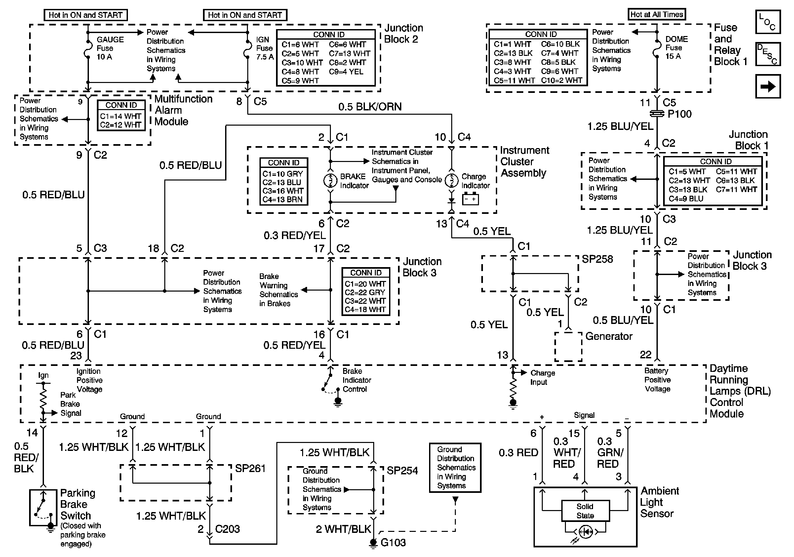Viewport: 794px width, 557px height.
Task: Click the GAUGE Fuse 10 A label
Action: pyautogui.click(x=110, y=48)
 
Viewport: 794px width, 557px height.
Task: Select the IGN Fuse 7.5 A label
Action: pyautogui.click(x=264, y=48)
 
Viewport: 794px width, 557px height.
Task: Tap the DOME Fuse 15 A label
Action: pyautogui.click(x=676, y=47)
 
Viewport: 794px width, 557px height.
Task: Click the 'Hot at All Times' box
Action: pyautogui.click(x=656, y=15)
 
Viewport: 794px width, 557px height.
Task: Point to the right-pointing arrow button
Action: pyautogui.click(x=768, y=86)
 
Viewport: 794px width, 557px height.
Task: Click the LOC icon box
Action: pyautogui.click(x=768, y=22)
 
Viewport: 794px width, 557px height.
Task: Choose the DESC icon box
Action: pyautogui.click(x=768, y=54)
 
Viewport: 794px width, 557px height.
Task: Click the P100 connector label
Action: pyautogui.click(x=679, y=114)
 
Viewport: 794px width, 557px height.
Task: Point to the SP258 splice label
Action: pyautogui.click(x=597, y=259)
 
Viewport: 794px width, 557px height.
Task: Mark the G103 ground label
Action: pyautogui.click(x=393, y=542)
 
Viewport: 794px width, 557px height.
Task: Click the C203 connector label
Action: pyautogui.click(x=227, y=529)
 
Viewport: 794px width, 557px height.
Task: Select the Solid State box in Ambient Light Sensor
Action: pyautogui.click(x=585, y=511)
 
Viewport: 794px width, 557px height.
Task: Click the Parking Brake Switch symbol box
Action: pyautogui.click(x=43, y=507)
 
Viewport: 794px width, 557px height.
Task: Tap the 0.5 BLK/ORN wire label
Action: pyautogui.click(x=370, y=107)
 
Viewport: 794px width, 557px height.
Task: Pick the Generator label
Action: pyautogui.click(x=609, y=336)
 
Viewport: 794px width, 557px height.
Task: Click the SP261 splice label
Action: pyautogui.click(x=250, y=468)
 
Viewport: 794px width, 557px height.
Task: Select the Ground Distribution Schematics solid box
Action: pyautogui.click(x=455, y=467)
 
